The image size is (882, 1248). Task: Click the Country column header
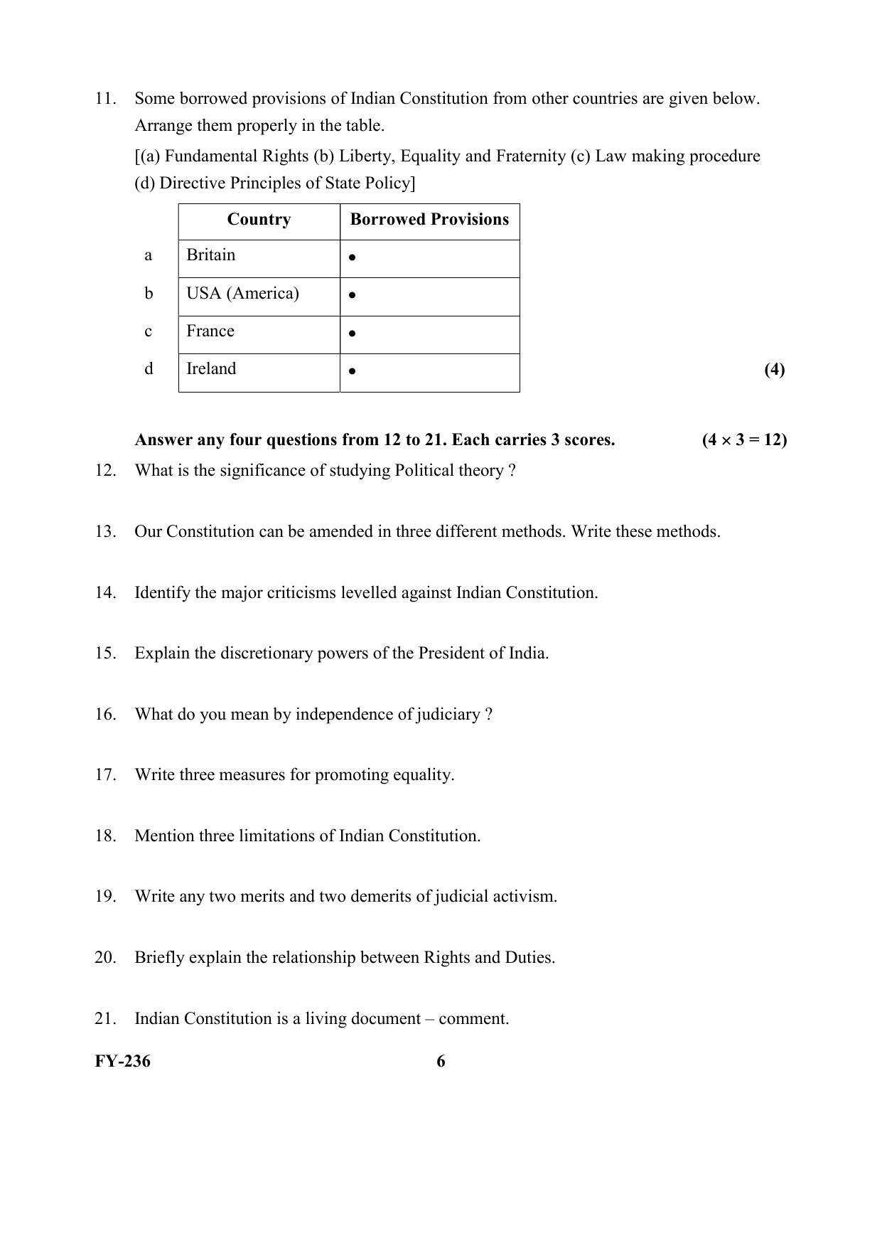click(259, 220)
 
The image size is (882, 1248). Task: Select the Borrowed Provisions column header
click(429, 220)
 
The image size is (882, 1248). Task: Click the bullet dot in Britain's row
click(353, 257)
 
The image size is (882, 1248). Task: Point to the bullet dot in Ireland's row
click(353, 370)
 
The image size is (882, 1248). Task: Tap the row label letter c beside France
click(148, 331)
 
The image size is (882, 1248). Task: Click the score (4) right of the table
click(775, 369)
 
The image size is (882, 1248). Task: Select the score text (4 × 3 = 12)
click(744, 440)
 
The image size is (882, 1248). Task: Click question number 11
click(105, 99)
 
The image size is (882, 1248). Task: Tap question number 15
click(105, 654)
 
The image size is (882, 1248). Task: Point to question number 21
click(105, 1019)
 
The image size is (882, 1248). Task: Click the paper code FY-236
click(122, 1062)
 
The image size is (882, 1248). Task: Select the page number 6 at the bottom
click(441, 1062)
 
